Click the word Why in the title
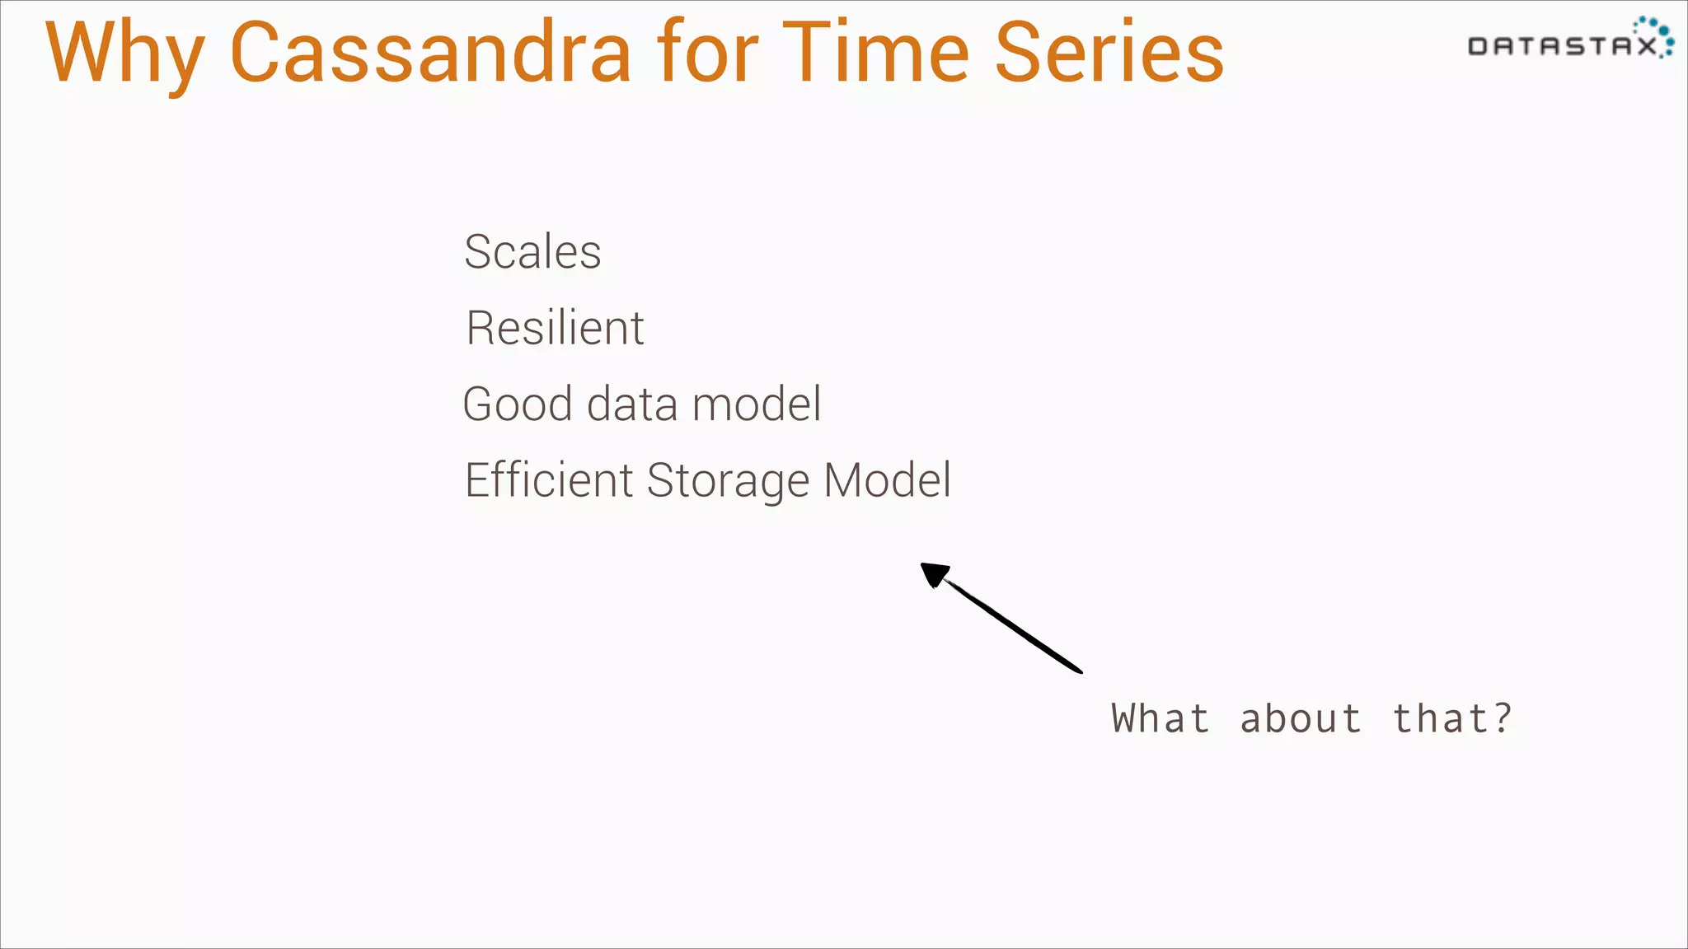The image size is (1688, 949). point(124,54)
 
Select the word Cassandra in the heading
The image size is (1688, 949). point(430,54)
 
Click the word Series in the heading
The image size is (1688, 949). point(1109,54)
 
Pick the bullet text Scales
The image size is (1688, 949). point(532,252)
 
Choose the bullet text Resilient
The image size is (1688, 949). point(555,328)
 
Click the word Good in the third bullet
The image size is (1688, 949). point(518,404)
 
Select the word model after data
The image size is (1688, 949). point(756,404)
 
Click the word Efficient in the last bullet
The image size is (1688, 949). point(548,480)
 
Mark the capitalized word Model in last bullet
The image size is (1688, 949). point(888,480)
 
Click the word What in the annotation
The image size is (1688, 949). point(1160,718)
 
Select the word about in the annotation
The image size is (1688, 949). point(1301,718)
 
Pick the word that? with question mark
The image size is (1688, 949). point(1452,718)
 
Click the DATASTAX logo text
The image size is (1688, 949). point(1562,46)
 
